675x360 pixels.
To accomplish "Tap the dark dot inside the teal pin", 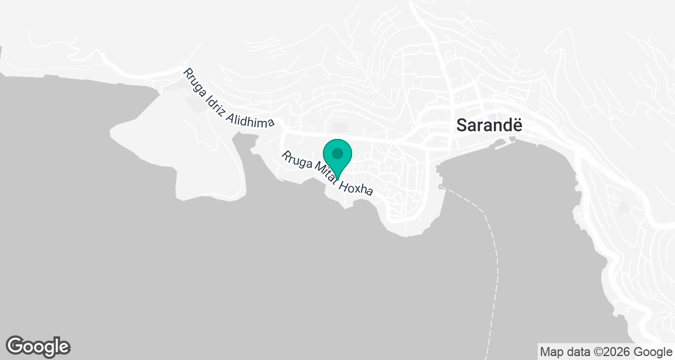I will (337, 153).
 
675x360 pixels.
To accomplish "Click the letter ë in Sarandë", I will (516, 125).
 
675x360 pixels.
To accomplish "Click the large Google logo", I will (38, 346).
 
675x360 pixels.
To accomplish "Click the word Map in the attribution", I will (551, 352).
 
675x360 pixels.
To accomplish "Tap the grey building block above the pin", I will (340, 128).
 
